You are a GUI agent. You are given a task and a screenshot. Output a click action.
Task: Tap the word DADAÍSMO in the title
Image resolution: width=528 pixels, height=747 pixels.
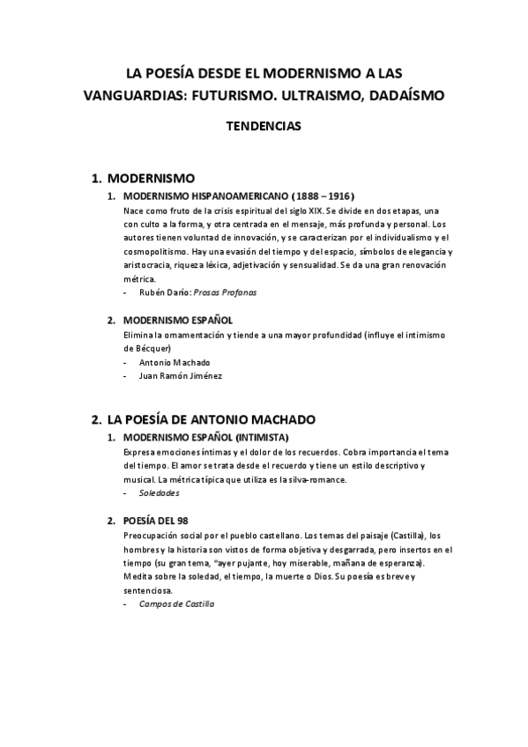(401, 95)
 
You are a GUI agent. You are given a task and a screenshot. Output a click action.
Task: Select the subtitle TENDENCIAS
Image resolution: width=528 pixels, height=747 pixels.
(264, 126)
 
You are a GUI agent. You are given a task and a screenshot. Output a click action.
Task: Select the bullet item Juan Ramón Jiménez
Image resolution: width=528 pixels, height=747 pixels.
(181, 376)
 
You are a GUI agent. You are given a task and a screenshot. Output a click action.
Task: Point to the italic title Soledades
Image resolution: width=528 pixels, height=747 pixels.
(160, 493)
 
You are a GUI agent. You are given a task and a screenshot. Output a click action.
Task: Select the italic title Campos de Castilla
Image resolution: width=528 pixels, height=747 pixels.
(177, 604)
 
